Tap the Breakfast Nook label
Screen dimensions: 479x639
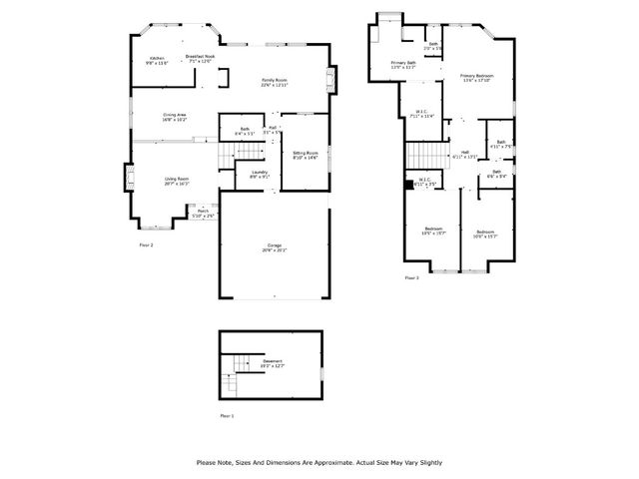click(200, 58)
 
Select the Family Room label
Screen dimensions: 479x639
click(275, 82)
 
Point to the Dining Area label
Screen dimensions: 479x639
click(175, 117)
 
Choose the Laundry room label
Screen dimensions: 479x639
click(260, 175)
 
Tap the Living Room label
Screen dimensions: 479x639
click(177, 181)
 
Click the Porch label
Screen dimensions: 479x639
click(203, 213)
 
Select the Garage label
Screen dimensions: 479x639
click(274, 247)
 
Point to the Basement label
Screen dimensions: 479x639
click(273, 363)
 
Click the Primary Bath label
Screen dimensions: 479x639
click(403, 65)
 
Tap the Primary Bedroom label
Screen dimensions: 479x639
click(476, 78)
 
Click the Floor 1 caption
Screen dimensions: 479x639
click(226, 415)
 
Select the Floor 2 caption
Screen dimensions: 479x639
click(146, 244)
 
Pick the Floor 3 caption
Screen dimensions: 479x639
click(411, 278)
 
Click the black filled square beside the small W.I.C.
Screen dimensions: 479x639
click(407, 184)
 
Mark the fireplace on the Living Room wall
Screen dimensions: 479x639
click(129, 181)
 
